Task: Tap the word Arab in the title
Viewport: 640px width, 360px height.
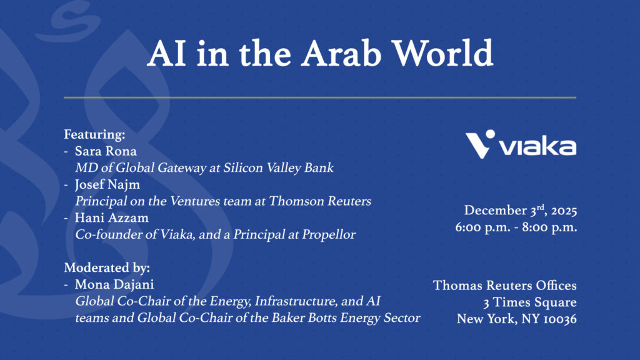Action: point(341,53)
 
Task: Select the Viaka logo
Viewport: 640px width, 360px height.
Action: point(521,144)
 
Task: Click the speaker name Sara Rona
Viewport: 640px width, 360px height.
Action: point(106,151)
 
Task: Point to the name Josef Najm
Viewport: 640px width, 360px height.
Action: point(107,185)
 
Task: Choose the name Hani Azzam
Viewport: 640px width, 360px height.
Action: point(111,218)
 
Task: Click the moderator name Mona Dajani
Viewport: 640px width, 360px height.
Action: point(114,284)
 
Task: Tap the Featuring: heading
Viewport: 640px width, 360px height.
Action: point(94,134)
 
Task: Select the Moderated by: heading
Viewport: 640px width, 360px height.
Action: point(107,267)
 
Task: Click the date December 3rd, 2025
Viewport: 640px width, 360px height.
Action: point(521,210)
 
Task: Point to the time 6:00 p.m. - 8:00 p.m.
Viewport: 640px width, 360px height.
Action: point(516,227)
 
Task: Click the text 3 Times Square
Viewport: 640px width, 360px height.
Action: point(530,302)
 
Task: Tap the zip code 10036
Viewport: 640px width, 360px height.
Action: point(560,319)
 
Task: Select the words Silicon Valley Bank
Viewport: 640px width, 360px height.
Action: point(278,167)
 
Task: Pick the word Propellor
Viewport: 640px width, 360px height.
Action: point(329,235)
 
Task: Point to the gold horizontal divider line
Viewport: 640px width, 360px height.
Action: point(320,97)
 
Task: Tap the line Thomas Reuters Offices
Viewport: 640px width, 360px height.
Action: point(505,285)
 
